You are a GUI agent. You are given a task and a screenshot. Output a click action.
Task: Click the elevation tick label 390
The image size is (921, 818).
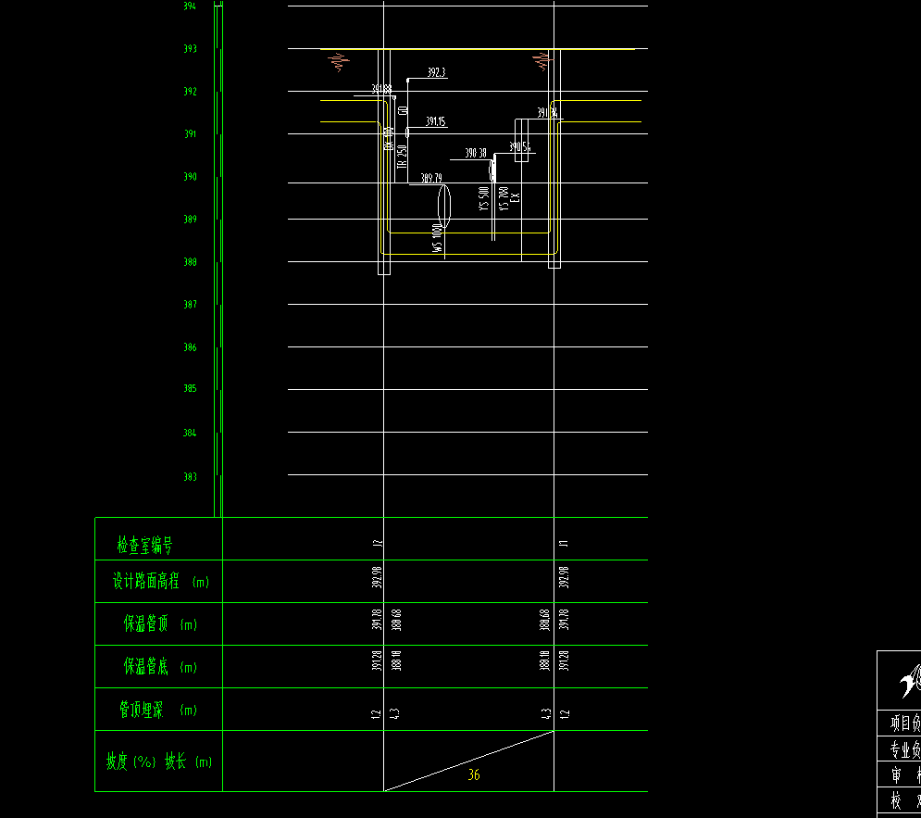tap(189, 177)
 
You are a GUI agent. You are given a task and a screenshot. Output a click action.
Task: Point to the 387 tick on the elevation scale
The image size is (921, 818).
tap(189, 305)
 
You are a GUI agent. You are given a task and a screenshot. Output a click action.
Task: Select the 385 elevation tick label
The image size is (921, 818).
tap(189, 389)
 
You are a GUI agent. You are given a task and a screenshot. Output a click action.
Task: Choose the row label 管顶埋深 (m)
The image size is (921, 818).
tap(157, 711)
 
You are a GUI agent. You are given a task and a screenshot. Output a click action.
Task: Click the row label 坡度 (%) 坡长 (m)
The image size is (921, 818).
tap(158, 762)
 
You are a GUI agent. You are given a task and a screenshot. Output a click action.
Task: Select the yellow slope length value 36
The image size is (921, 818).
tap(473, 774)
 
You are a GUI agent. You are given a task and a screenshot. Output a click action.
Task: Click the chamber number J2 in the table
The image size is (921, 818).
tap(377, 544)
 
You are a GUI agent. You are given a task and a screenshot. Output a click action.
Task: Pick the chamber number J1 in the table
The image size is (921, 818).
tap(562, 544)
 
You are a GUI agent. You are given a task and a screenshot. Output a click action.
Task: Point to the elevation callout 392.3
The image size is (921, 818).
tap(436, 72)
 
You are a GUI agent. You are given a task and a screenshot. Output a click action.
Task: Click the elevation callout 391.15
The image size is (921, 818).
tap(435, 121)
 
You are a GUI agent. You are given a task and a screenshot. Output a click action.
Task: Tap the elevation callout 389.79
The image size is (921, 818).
tap(431, 178)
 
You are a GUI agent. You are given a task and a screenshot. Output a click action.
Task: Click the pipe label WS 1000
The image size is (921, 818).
tap(438, 237)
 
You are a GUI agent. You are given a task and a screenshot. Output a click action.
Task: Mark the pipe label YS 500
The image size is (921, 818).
tap(483, 199)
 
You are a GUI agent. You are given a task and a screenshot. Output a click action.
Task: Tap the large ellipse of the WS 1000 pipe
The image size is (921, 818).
tap(442, 206)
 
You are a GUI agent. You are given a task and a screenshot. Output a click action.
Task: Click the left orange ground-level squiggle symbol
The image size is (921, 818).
tap(338, 63)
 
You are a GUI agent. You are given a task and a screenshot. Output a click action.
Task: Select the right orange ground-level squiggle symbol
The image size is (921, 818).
tap(541, 62)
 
